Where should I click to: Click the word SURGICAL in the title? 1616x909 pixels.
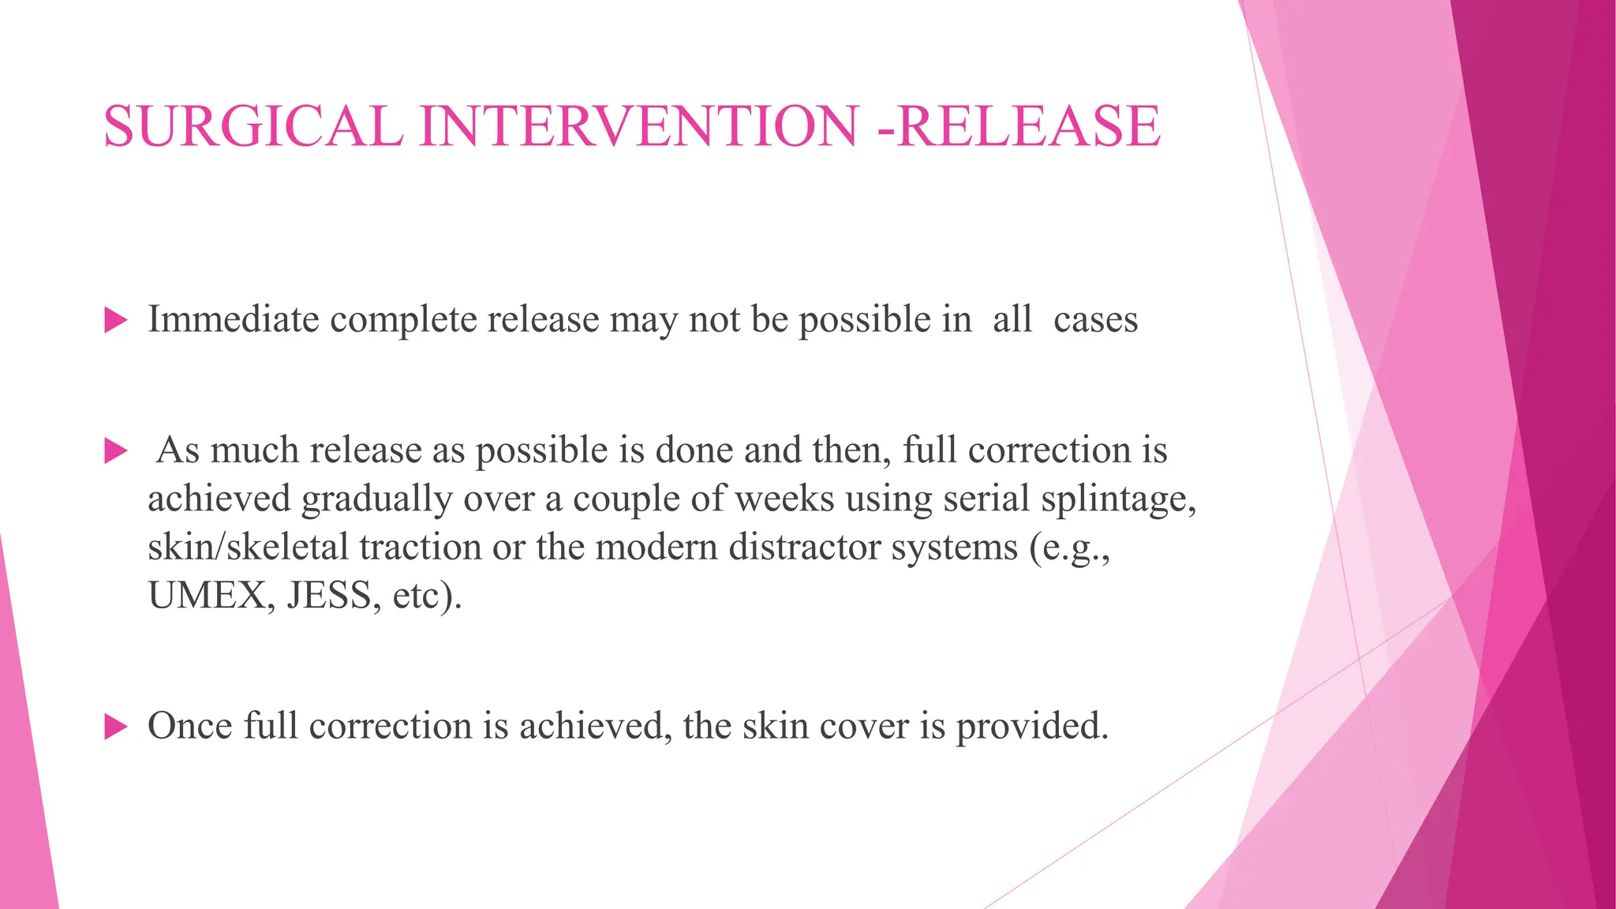(x=253, y=126)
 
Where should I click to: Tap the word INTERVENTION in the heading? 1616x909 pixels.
(x=638, y=126)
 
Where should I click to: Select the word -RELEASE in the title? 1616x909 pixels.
(x=1019, y=126)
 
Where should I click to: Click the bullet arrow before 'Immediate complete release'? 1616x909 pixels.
(x=115, y=320)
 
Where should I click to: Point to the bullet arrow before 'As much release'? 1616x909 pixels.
(x=115, y=451)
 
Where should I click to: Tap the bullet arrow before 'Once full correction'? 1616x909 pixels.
(x=115, y=727)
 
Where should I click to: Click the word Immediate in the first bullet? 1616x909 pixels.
(x=234, y=320)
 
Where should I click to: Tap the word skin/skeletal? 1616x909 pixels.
(x=248, y=547)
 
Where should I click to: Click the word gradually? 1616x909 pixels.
(x=376, y=499)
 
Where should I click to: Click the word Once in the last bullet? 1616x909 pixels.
(x=189, y=726)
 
